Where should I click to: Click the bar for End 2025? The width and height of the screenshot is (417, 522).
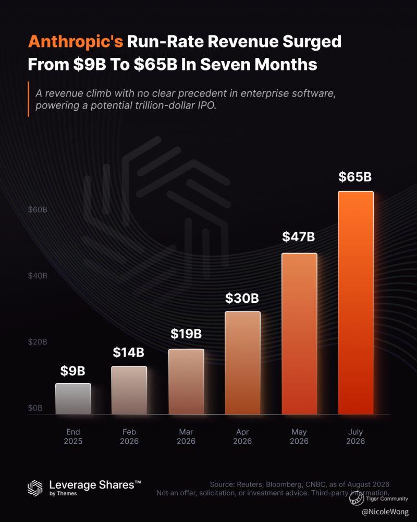click(73, 399)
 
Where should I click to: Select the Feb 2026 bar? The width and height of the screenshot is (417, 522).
click(129, 390)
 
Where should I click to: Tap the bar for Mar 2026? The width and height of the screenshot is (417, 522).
click(186, 382)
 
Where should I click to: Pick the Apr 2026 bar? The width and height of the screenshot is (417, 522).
click(243, 363)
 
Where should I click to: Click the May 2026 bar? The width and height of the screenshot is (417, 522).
click(299, 334)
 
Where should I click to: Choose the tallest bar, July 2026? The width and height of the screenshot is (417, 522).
click(356, 303)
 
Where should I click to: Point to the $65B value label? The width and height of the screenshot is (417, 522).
click(355, 177)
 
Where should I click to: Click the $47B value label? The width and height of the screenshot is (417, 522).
click(299, 236)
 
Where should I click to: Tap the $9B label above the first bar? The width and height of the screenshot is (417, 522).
click(73, 371)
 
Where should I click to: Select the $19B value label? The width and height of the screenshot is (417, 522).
click(186, 334)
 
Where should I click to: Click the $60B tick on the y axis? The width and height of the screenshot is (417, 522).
click(38, 209)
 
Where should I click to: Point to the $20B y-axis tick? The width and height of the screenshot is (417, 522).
click(38, 342)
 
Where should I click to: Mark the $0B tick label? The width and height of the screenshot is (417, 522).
click(35, 408)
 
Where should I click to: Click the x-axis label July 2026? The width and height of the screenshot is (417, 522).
click(355, 436)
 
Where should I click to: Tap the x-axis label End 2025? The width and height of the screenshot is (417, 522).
click(73, 436)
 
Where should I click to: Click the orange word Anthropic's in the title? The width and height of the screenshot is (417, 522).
click(76, 42)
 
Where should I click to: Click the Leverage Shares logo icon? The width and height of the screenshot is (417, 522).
click(35, 488)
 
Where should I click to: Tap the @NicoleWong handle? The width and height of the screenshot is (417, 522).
click(385, 512)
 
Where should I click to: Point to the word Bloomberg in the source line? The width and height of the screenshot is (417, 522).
click(283, 484)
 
